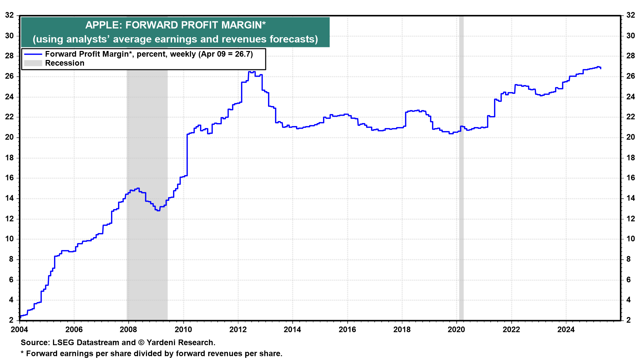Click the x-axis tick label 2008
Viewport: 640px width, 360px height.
point(128,330)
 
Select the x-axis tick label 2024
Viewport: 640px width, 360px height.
point(566,330)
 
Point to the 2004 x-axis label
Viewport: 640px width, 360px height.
point(19,330)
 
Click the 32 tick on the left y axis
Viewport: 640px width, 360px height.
point(9,15)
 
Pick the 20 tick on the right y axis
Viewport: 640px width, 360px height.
point(630,137)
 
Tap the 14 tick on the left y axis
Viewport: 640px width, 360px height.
point(9,198)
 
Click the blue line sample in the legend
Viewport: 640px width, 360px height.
point(33,54)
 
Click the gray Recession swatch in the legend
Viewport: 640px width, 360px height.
point(33,63)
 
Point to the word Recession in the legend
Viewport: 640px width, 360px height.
point(65,63)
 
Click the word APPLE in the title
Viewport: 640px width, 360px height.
point(103,25)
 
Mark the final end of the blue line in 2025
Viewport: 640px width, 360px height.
point(601,68)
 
